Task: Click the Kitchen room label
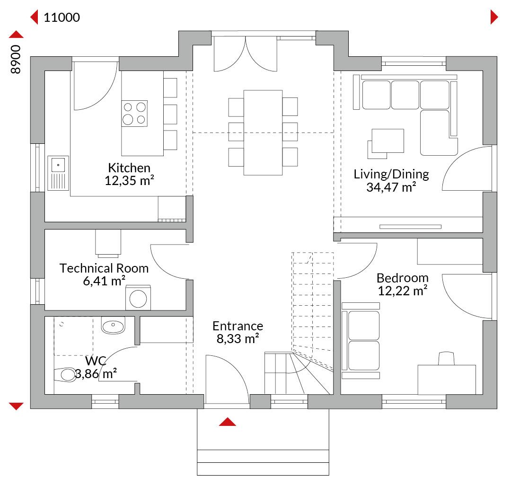click(x=129, y=168)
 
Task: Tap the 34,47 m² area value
click(x=391, y=187)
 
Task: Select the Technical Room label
click(x=104, y=268)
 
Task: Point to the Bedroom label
click(x=403, y=278)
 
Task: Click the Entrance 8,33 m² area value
click(x=238, y=339)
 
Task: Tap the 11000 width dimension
click(x=62, y=18)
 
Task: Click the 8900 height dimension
click(x=16, y=59)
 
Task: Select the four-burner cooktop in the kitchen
click(x=134, y=113)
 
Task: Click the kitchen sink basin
click(x=58, y=165)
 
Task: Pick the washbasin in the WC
click(x=113, y=325)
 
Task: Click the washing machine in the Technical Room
click(x=138, y=298)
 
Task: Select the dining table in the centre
click(x=263, y=133)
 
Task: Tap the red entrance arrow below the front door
click(x=228, y=422)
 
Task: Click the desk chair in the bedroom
click(x=447, y=358)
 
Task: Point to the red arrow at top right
click(x=494, y=18)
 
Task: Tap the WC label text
click(x=96, y=361)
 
